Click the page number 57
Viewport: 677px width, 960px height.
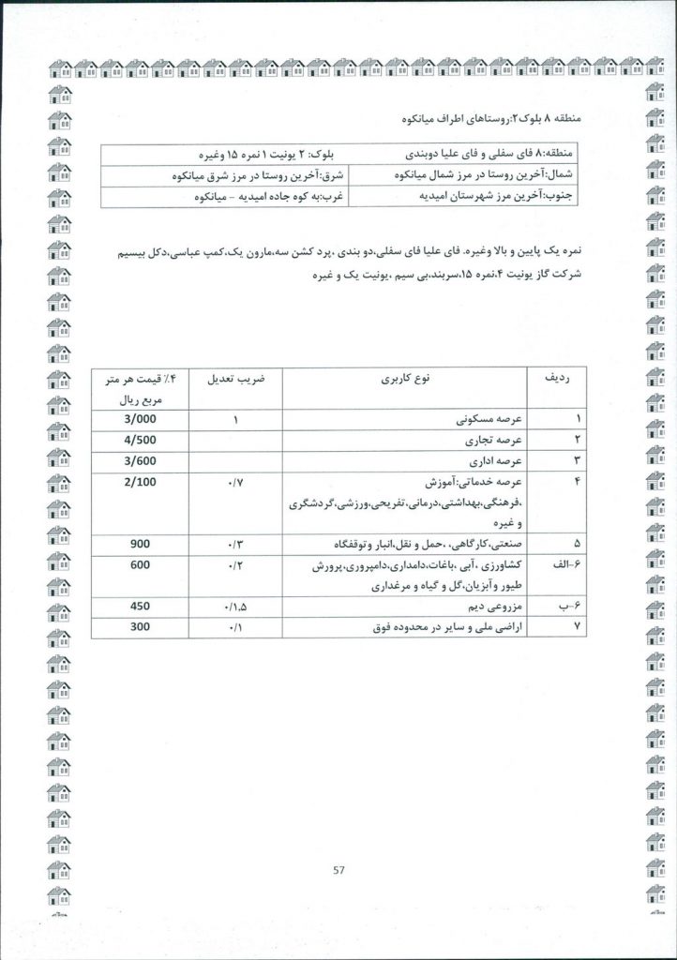click(x=338, y=870)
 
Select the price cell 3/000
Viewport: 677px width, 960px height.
click(x=139, y=419)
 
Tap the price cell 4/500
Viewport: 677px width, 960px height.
click(x=139, y=440)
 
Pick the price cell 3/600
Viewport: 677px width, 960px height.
click(x=139, y=460)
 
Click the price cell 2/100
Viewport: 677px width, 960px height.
click(x=139, y=481)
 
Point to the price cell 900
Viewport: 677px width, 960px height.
click(x=139, y=544)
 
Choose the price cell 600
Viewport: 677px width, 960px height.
click(x=139, y=564)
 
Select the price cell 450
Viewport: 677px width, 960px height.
click(x=139, y=607)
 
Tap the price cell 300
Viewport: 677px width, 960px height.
click(x=139, y=627)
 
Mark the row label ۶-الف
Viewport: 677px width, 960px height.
click(x=558, y=565)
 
